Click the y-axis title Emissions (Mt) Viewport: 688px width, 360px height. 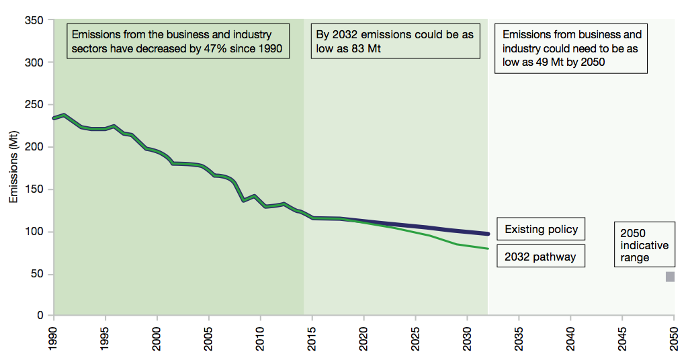coord(14,168)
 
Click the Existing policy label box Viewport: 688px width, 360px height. coord(541,229)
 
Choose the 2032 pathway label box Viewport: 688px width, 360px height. coord(541,257)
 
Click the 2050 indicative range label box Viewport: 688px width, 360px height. coord(644,245)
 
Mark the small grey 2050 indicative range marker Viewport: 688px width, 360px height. coord(670,277)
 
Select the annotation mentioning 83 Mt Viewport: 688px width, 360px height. coord(394,41)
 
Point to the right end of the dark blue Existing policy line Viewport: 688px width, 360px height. coord(487,234)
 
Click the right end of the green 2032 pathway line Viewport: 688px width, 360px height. coord(487,249)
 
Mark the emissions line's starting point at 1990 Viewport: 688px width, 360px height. coord(54,118)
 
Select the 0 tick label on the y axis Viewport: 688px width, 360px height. coord(41,316)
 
